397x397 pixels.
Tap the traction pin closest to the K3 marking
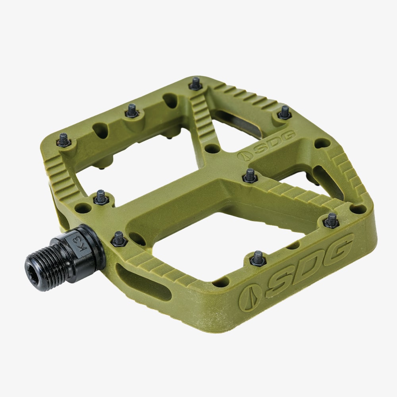[x=118, y=239]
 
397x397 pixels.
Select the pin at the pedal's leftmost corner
[x=64, y=140]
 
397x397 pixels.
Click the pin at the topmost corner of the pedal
[x=195, y=83]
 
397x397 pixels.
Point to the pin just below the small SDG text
[x=250, y=175]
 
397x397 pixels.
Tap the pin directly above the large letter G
[x=331, y=220]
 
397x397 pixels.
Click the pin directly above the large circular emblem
[x=258, y=258]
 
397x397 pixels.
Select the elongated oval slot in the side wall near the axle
[x=143, y=281]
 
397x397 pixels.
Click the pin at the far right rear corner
[x=284, y=112]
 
